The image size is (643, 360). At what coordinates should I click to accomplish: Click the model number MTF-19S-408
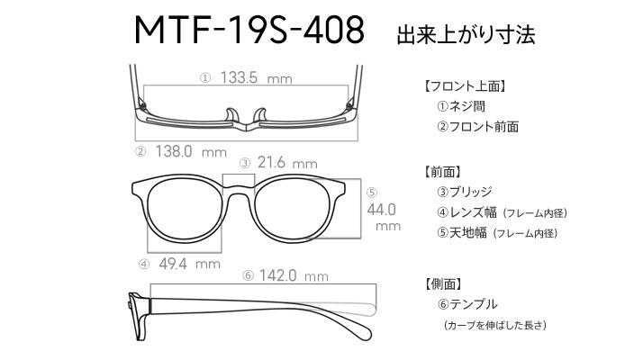249,30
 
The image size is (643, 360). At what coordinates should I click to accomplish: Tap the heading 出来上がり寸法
466,35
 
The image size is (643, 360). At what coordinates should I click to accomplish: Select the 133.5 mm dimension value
257,77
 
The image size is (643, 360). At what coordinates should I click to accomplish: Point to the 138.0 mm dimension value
191,152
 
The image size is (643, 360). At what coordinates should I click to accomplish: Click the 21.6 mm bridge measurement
287,163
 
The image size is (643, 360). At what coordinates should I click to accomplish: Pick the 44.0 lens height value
381,210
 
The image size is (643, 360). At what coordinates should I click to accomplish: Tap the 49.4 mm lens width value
189,264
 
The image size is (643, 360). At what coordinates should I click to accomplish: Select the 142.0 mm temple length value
294,275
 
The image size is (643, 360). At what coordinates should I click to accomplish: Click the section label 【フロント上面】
465,86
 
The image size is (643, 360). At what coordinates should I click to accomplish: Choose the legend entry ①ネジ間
461,106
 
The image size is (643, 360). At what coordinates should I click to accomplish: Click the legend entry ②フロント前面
478,127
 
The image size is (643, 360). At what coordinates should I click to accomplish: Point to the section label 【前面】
442,172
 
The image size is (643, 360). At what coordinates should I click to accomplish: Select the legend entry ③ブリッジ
465,192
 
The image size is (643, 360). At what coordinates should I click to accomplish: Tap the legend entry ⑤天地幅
462,233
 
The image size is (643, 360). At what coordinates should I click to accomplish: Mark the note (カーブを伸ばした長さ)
495,325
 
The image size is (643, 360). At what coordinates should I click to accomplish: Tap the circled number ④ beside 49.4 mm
144,265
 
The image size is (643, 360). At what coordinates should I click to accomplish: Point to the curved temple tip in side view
361,328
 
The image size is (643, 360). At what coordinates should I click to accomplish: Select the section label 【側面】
442,283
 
